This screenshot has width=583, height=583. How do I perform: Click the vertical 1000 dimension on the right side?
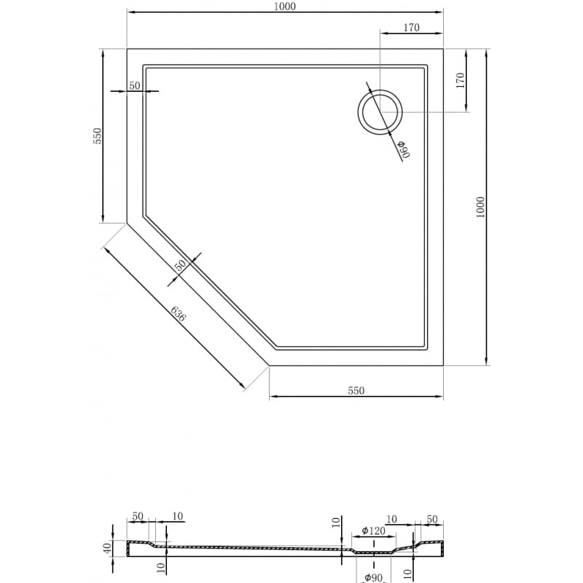[x=480, y=207]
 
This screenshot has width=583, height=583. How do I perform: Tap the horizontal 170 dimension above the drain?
[x=411, y=28]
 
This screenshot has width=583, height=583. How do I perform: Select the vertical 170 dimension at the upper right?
[x=460, y=81]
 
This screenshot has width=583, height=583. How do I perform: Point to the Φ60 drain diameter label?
[x=404, y=149]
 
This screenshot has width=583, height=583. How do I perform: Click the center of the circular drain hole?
[x=380, y=112]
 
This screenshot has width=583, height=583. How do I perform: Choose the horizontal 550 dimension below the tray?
[x=355, y=391]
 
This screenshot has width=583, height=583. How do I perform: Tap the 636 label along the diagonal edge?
[x=178, y=315]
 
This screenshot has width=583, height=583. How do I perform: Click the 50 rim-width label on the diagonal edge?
[x=179, y=265]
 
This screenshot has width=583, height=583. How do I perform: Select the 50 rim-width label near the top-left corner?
[x=134, y=86]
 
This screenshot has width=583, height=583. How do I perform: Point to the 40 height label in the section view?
[x=106, y=548]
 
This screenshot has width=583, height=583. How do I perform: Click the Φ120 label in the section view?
[x=373, y=531]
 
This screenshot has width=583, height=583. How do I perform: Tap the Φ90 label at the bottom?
[x=374, y=578]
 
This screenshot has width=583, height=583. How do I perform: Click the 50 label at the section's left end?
[x=138, y=517]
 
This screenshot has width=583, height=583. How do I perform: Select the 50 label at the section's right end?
[x=432, y=519]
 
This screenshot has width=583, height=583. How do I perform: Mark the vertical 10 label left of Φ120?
[x=336, y=523]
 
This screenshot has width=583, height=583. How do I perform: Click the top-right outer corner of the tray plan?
[x=443, y=49]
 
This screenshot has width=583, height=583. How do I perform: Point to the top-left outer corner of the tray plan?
[x=127, y=49]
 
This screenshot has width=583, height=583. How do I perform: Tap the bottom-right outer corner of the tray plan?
[x=443, y=365]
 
